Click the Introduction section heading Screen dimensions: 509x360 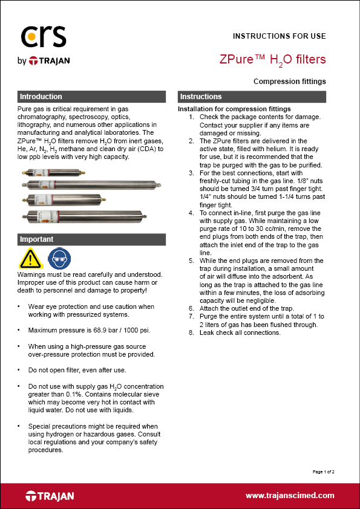[x=41, y=97]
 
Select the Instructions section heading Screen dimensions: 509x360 [x=201, y=97]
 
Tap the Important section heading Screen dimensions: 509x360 [x=37, y=239]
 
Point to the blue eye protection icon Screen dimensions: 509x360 [x=57, y=258]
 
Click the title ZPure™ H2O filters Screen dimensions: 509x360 [x=273, y=59]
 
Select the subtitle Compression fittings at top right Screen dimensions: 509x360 [x=290, y=81]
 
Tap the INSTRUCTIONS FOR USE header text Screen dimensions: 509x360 [x=280, y=36]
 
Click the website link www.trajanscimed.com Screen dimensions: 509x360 [x=290, y=495]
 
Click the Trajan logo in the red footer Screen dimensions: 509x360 [x=50, y=496]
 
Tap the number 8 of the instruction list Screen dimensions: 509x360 [x=191, y=332]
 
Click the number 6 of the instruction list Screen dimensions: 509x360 [x=191, y=308]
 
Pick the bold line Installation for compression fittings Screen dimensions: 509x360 [x=226, y=109]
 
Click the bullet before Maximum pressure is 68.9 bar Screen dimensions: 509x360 [x=21, y=330]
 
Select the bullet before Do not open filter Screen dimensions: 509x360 [x=21, y=369]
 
